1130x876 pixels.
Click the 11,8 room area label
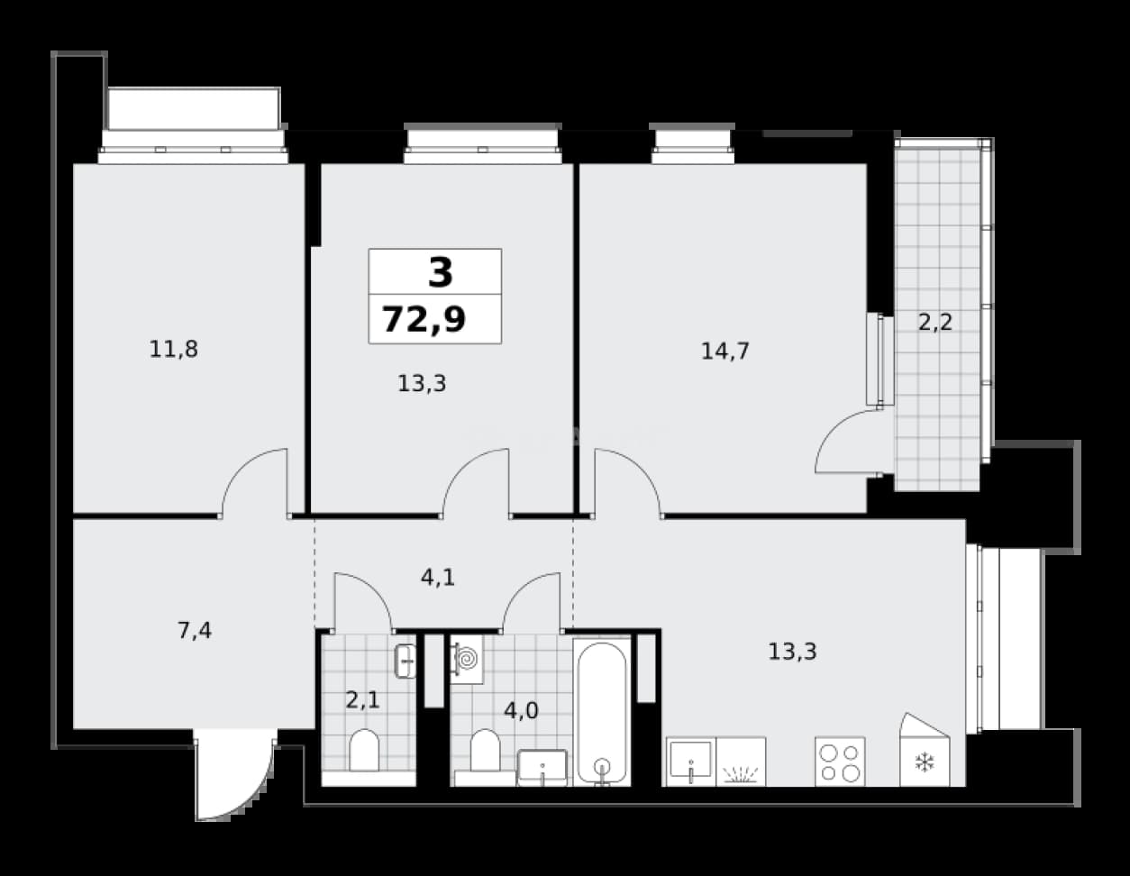(174, 349)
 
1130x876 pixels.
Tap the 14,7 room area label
(725, 351)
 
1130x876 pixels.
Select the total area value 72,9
(424, 319)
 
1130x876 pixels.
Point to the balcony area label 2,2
(935, 323)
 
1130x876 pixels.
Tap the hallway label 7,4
(195, 631)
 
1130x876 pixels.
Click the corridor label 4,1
(438, 578)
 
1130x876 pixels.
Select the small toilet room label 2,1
(363, 700)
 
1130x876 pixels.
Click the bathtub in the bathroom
(602, 711)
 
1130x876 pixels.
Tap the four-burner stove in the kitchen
(840, 762)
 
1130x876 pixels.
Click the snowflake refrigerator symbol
(925, 762)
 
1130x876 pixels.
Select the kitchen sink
(691, 762)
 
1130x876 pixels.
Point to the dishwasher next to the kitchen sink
(741, 762)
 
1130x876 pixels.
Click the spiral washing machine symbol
(467, 659)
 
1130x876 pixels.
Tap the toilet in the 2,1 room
(364, 750)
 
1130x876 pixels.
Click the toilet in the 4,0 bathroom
(485, 750)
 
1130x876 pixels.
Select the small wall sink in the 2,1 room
(406, 662)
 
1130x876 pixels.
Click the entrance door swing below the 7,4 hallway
(235, 774)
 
